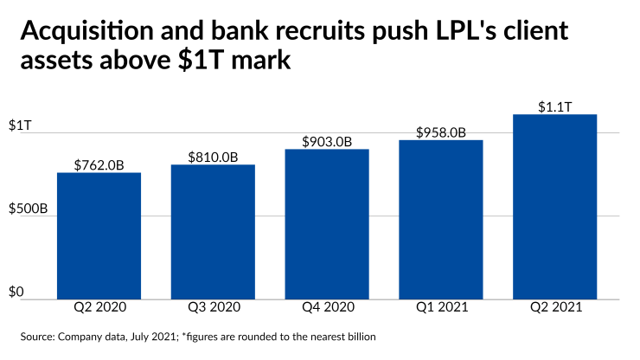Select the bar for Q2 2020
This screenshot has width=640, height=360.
pos(99,235)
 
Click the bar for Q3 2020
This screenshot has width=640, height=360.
pos(213,231)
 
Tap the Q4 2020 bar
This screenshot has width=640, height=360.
pos(326,224)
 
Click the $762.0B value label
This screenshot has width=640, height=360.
pos(99,164)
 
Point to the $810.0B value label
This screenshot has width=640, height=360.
pos(213,157)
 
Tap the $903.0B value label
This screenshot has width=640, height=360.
pos(326,141)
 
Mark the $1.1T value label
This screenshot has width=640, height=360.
pos(554,106)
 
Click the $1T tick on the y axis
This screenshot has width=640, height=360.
pos(20,125)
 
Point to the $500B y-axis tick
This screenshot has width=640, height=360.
pos(27,209)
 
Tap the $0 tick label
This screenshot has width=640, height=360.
pos(16,292)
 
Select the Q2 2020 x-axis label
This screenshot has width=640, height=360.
pos(99,307)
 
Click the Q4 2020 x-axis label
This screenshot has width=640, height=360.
pos(326,307)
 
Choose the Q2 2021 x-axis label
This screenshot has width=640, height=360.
pos(554,307)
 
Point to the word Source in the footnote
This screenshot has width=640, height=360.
pos(35,336)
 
